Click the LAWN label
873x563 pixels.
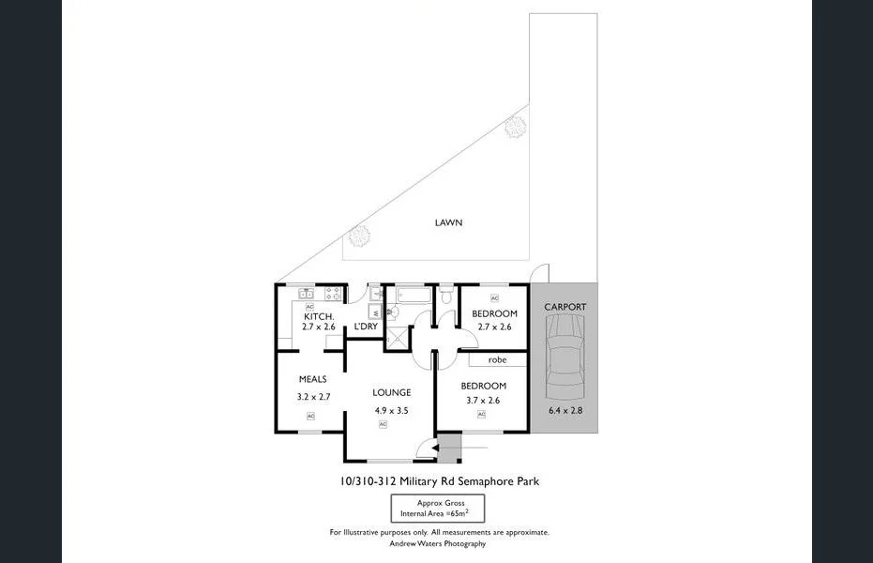point(448,222)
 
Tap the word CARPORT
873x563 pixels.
point(564,307)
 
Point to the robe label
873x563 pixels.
point(496,359)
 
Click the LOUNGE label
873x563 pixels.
point(391,392)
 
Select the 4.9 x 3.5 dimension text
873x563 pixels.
point(390,410)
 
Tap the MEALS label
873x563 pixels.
point(311,379)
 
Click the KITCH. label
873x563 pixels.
point(319,316)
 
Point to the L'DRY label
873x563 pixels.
point(365,327)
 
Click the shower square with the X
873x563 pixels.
point(398,336)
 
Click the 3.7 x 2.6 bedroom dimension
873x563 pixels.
point(483,401)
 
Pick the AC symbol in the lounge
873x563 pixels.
point(383,424)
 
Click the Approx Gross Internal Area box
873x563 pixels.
point(440,509)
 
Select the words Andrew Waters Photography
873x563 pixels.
point(439,543)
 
